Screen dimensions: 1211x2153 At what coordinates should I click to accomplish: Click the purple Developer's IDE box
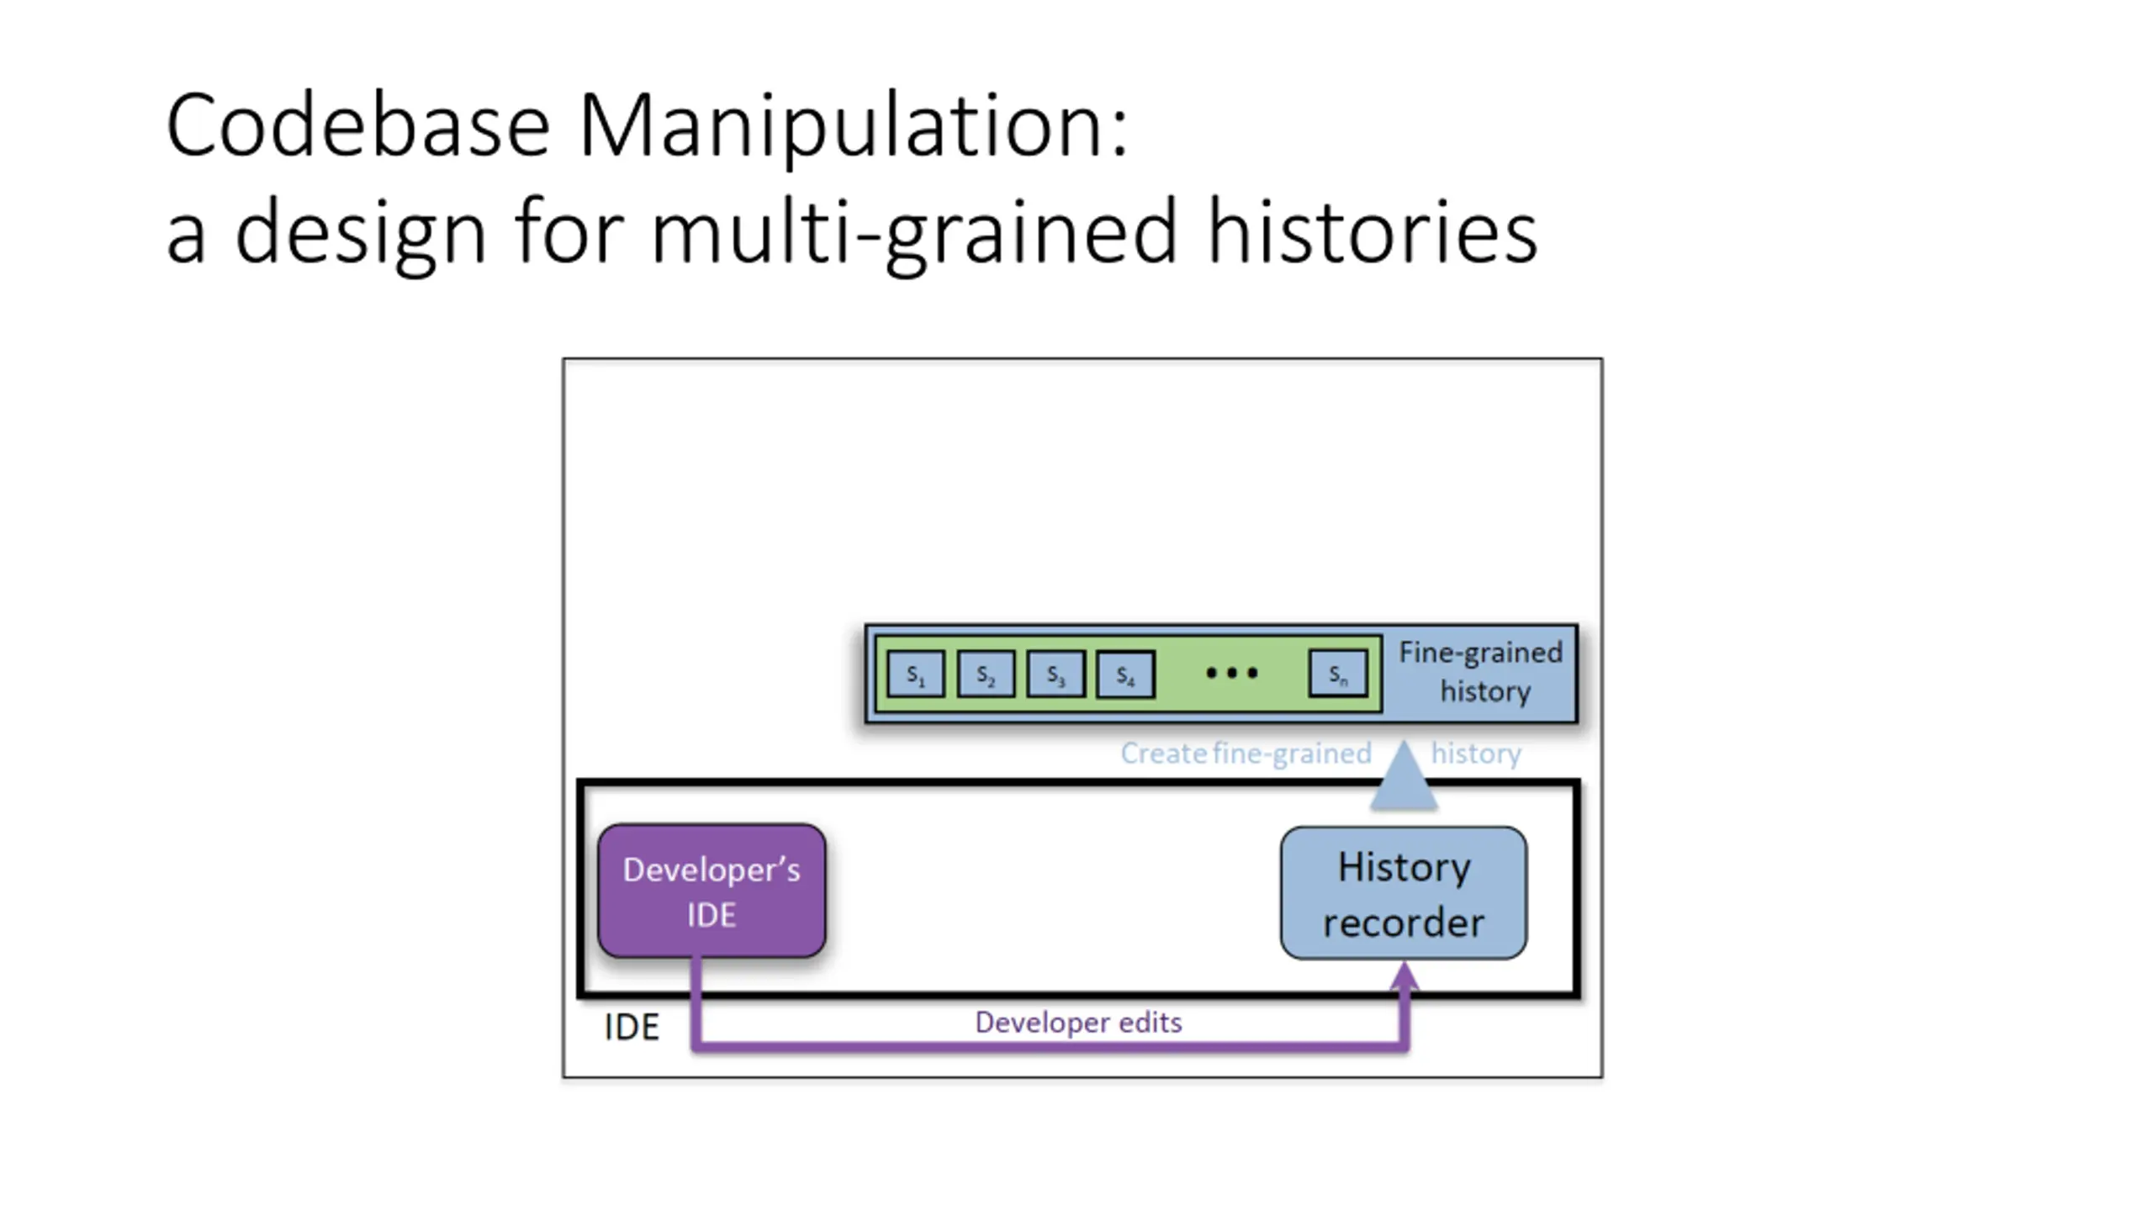[x=711, y=891]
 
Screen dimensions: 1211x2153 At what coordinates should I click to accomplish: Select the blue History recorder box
[x=1403, y=892]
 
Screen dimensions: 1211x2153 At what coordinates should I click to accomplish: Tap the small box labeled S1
[x=916, y=674]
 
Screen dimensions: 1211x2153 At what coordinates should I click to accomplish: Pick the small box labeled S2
[x=986, y=674]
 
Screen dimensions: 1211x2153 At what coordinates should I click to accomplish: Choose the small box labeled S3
[x=1055, y=674]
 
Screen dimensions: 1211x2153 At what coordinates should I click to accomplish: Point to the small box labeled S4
[x=1125, y=674]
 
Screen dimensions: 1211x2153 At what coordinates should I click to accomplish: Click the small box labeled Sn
[x=1338, y=674]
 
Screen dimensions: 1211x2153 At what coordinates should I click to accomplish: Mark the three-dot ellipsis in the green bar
[x=1231, y=673]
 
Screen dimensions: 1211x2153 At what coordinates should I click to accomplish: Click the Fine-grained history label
[x=1481, y=672]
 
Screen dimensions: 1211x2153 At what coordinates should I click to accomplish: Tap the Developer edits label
[x=1078, y=1023]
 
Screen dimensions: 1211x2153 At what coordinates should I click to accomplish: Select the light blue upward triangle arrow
[x=1403, y=775]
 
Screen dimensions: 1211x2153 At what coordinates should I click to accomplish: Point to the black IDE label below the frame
[x=632, y=1027]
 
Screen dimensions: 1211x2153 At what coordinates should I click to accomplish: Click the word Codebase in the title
[x=357, y=126]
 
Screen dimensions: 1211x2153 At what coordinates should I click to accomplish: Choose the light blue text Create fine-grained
[x=1246, y=753]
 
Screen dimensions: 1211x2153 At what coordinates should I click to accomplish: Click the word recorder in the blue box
[x=1403, y=923]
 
